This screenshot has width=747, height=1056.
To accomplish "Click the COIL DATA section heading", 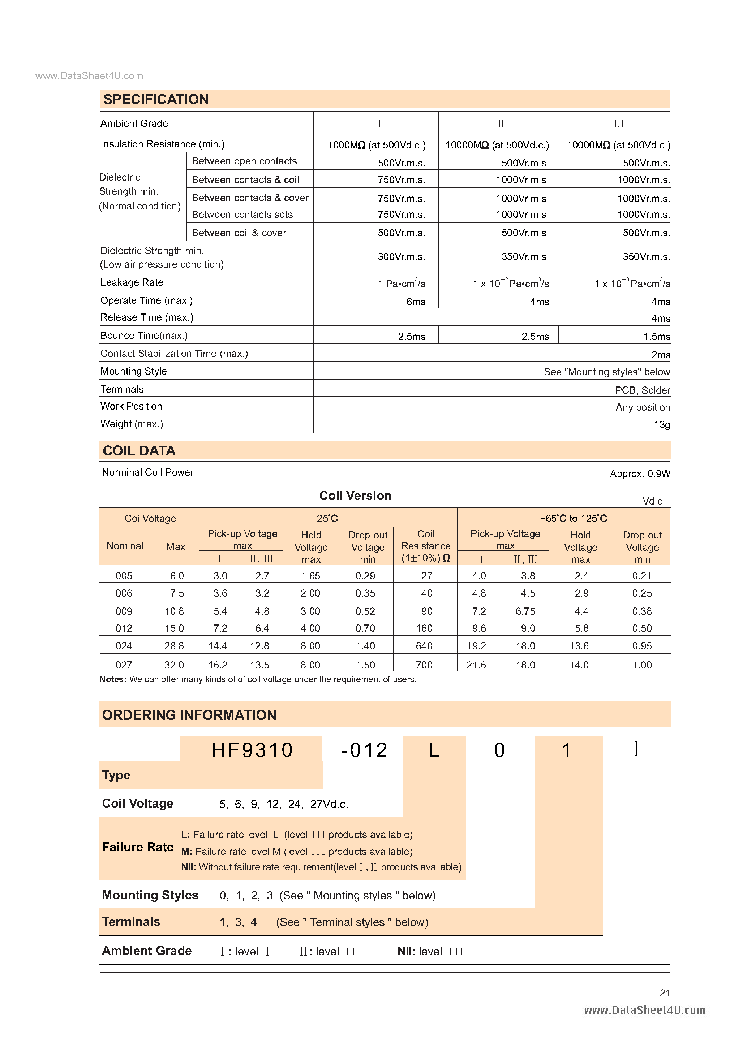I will (x=139, y=451).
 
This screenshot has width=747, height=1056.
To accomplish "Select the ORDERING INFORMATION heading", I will (x=189, y=715).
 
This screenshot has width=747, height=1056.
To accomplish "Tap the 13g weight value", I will (x=661, y=424).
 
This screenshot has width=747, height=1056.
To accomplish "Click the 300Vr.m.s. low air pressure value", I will (x=401, y=257).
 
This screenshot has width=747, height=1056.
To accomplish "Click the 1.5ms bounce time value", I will (x=656, y=337).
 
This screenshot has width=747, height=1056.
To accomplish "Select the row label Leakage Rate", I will (x=132, y=282).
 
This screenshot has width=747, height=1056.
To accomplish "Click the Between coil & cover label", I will (x=239, y=233).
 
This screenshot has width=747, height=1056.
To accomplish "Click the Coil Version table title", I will (x=355, y=496).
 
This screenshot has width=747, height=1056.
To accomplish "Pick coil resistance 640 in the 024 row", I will (x=424, y=646).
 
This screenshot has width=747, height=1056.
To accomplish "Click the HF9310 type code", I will (x=252, y=750).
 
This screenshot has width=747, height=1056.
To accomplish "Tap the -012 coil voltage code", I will (x=364, y=750).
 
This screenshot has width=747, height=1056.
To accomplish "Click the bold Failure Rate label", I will (x=138, y=847).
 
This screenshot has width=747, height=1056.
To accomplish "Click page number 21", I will (x=665, y=993).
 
